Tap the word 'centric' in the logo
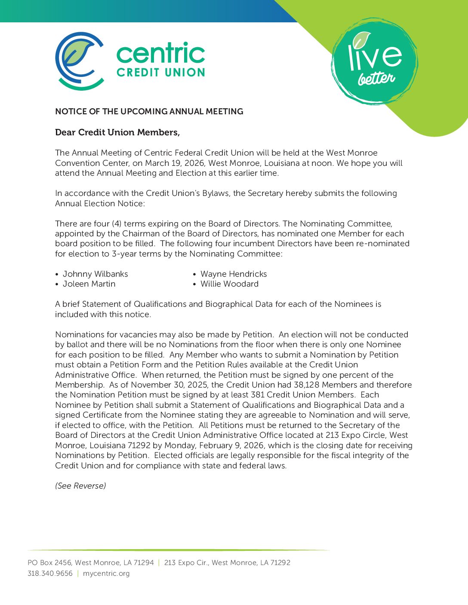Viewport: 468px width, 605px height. (x=160, y=54)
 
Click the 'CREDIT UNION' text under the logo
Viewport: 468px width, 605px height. (x=160, y=73)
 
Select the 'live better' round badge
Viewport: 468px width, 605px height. (x=374, y=61)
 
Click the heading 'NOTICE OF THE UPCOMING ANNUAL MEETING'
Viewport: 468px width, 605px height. (x=149, y=112)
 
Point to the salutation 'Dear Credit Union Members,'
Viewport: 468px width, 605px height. (x=117, y=132)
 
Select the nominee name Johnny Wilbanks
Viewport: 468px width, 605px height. (x=95, y=274)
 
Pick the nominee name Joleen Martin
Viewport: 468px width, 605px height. (x=89, y=284)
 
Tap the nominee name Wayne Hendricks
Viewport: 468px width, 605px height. (x=234, y=274)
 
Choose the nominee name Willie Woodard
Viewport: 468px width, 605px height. (x=229, y=284)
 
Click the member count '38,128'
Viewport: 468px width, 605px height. (x=307, y=385)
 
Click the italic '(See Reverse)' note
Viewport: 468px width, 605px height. (x=80, y=486)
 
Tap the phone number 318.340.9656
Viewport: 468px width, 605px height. (x=50, y=574)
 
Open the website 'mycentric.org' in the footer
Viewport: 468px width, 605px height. (x=106, y=574)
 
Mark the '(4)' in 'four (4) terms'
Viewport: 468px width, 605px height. (x=117, y=224)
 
